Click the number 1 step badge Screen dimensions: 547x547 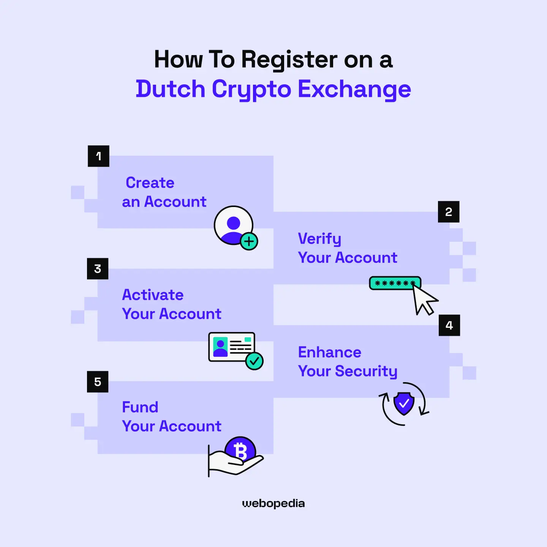coord(98,156)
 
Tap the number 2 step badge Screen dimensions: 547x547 coord(449,212)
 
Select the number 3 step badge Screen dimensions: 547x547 coord(98,269)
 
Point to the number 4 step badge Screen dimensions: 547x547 coord(449,326)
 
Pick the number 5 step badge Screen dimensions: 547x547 coord(98,382)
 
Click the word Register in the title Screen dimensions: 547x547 coord(289,60)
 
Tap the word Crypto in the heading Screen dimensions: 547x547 coord(251,90)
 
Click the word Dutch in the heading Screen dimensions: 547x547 coord(170,89)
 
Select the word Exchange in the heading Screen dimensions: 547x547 coord(354,90)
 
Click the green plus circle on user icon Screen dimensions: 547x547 coord(249,241)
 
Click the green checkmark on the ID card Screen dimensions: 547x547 coord(254,361)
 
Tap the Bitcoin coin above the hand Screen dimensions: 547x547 coord(240,450)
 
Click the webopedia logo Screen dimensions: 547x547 coord(273,504)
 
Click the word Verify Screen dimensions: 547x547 coord(319,239)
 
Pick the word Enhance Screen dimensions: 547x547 coord(329,352)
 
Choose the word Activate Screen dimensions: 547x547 coord(153,295)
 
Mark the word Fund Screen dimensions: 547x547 coord(140,407)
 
